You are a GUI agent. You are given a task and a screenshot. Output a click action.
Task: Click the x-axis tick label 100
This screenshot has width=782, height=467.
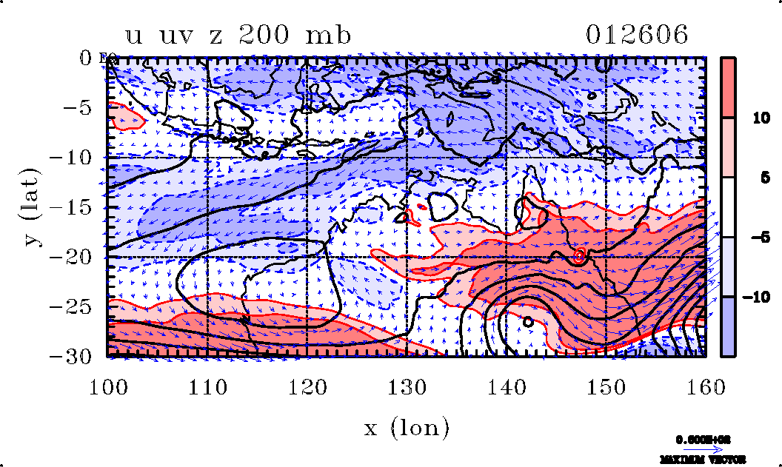[x=109, y=387]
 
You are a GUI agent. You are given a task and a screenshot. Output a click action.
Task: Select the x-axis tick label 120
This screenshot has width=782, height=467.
[x=307, y=387]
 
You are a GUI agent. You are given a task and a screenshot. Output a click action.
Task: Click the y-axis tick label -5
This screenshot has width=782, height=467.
[x=82, y=107]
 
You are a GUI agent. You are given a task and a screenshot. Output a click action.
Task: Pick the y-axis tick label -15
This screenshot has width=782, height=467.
[x=76, y=208]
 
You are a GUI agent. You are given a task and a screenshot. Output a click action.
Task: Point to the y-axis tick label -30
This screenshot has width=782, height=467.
[x=76, y=356]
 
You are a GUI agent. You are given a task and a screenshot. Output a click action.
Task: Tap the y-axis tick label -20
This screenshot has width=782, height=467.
[x=76, y=258]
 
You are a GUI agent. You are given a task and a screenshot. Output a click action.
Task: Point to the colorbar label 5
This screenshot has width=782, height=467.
[x=749, y=178]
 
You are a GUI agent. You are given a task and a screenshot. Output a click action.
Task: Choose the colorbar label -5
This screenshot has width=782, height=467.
[x=752, y=238]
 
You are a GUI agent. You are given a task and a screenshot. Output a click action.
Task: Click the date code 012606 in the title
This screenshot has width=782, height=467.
[x=637, y=35]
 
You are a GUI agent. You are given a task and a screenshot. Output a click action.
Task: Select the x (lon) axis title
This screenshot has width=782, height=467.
[x=407, y=427]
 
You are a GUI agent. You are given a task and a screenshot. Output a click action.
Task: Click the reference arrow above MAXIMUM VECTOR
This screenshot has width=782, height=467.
[x=702, y=448]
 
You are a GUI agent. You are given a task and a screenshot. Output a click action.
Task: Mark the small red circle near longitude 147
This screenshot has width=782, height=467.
[x=579, y=256]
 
